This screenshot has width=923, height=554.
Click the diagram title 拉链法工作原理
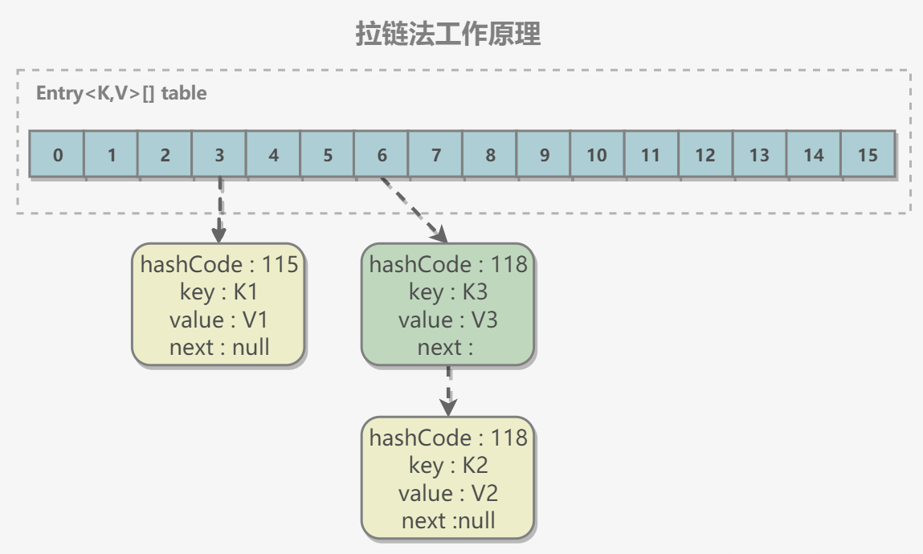[x=448, y=34]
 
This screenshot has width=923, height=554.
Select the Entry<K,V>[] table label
[x=121, y=93]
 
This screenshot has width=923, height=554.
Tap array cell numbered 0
[x=57, y=154]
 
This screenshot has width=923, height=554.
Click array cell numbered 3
[x=219, y=154]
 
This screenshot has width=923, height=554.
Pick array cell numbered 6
[x=382, y=154]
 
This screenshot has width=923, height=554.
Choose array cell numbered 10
[x=597, y=154]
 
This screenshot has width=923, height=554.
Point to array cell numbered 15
[x=868, y=154]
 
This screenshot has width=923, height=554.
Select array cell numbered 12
[x=705, y=154]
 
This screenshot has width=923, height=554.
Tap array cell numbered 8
[x=490, y=154]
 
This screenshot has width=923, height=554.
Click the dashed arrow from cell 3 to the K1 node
[x=219, y=210]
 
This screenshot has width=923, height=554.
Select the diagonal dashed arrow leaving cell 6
[x=415, y=210]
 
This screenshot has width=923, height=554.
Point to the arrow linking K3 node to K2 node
[x=448, y=391]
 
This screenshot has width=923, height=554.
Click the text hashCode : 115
[x=219, y=265]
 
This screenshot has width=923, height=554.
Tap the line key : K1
[x=219, y=292]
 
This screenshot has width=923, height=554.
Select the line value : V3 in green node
[x=448, y=320]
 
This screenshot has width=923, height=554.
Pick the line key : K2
[x=448, y=465]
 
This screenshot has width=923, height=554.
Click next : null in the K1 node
[x=219, y=348]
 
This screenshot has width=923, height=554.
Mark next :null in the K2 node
[x=448, y=520]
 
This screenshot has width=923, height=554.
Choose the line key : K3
[x=448, y=292]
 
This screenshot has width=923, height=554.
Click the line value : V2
[x=448, y=493]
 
